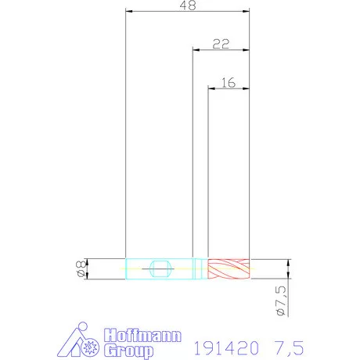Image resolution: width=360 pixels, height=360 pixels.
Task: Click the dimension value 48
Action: (188, 5)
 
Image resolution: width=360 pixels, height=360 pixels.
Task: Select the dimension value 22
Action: (221, 44)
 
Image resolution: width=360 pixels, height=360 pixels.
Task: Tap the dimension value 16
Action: (229, 83)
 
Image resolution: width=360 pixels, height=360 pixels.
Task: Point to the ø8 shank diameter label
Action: (81, 269)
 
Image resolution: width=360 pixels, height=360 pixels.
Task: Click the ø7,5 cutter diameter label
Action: (281, 301)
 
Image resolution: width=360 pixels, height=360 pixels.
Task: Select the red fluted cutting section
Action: (229, 269)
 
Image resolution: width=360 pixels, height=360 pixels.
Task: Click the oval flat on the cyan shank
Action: (161, 269)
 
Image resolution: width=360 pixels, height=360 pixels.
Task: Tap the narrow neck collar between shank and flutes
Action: (200, 269)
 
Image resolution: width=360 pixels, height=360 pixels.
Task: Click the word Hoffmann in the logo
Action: (142, 336)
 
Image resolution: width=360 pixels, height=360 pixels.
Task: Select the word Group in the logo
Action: (128, 351)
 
